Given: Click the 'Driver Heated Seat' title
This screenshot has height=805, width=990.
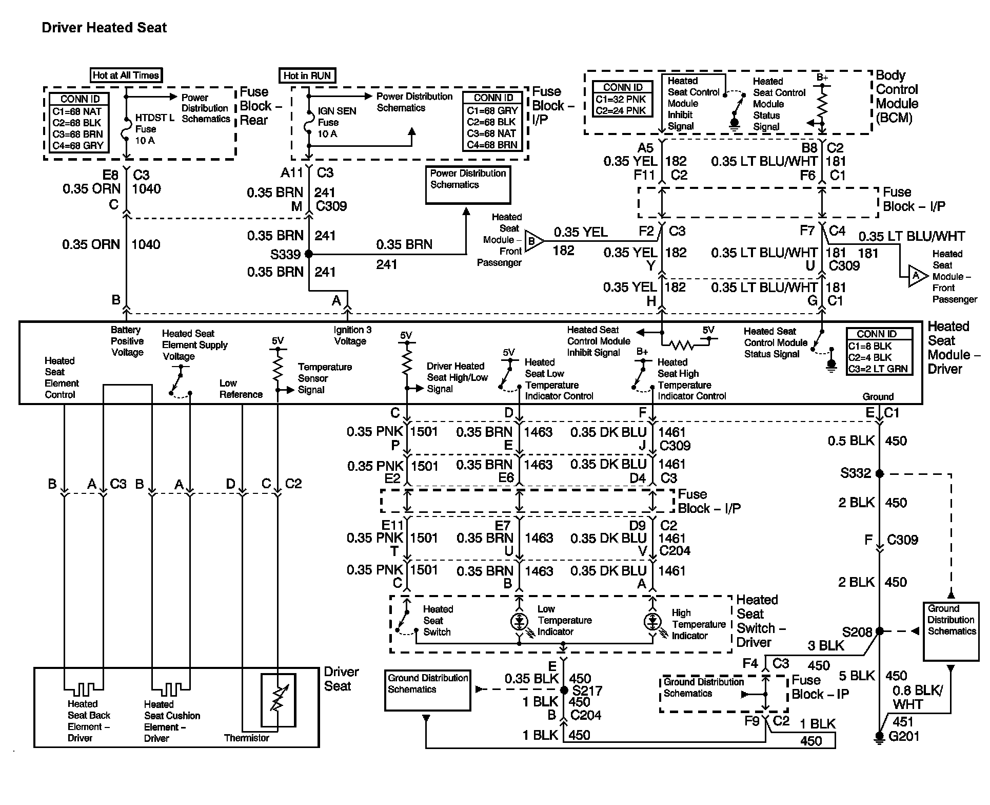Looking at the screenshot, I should pos(104,28).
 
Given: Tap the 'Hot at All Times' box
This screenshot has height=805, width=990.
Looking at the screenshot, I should pos(126,75).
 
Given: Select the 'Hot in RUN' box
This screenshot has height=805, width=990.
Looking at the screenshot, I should pos(307,75).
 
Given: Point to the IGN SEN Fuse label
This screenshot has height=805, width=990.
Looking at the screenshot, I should pos(336,122).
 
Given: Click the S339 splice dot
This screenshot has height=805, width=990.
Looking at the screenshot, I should pos(309,254).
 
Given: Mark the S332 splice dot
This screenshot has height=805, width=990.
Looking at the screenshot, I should pos(879,473).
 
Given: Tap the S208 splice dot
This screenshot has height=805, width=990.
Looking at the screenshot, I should pos(879,631).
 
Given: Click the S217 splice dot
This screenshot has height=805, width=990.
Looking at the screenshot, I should pos(563,691).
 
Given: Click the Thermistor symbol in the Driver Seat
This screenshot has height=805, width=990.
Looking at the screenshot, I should pos(278,700).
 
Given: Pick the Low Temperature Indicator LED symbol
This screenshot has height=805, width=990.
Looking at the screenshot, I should pos(519,622).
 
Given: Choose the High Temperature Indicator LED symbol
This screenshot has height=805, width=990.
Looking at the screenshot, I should pos(652,622).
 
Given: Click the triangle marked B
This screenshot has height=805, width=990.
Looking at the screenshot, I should pos(533,240).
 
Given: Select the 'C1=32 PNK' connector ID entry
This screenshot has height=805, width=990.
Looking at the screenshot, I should pos(621,99).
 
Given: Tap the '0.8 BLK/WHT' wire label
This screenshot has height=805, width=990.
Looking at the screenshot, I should pos(917,697).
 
